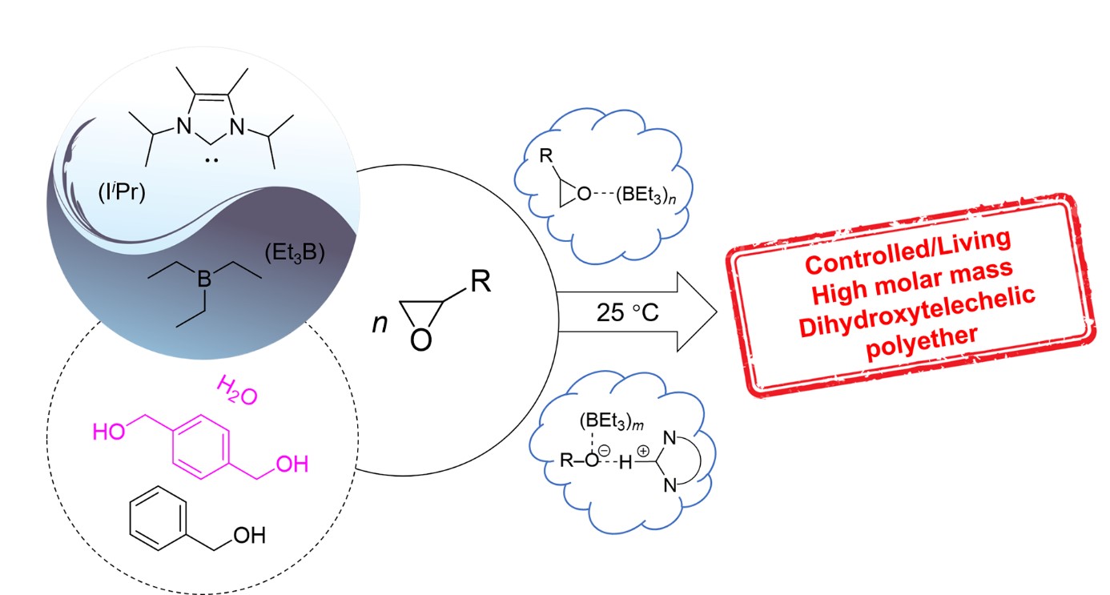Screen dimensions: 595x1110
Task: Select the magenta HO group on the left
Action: pyautogui.click(x=110, y=431)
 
